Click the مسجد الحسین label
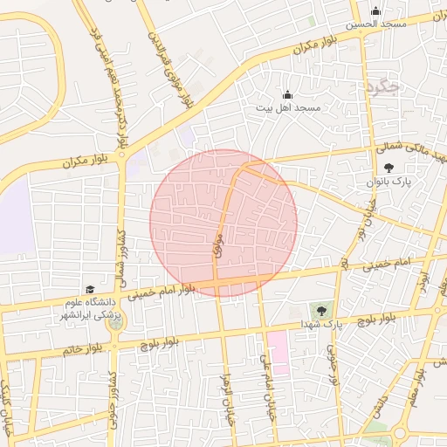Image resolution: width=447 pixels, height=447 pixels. tap(376, 24)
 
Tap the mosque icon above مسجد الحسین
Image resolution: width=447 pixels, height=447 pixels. tap(376, 11)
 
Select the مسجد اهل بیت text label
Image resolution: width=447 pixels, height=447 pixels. tap(288, 107)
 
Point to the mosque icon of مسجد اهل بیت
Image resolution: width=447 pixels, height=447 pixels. tap(288, 94)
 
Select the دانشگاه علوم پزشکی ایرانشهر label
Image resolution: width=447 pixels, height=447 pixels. tap(88, 308)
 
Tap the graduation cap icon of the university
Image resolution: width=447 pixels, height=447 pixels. tap(89, 289)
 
